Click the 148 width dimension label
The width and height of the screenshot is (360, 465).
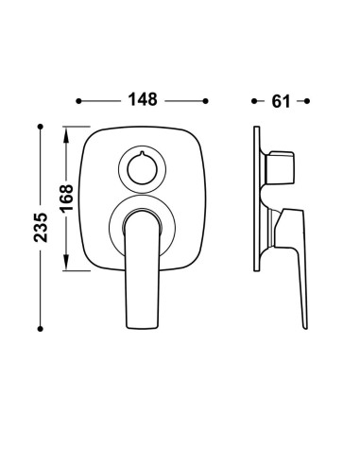(143, 99)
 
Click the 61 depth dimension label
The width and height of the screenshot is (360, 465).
(281, 101)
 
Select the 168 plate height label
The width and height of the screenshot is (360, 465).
(67, 198)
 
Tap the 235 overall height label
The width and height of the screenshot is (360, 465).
(41, 228)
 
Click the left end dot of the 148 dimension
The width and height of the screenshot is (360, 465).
(78, 101)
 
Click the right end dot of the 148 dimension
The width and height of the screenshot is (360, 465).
(206, 101)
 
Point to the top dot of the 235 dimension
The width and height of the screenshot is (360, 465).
(40, 127)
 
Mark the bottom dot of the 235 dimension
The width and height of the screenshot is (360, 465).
(40, 329)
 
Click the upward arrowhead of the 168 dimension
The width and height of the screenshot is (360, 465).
(66, 135)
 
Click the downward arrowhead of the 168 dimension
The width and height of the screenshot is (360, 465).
(66, 262)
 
